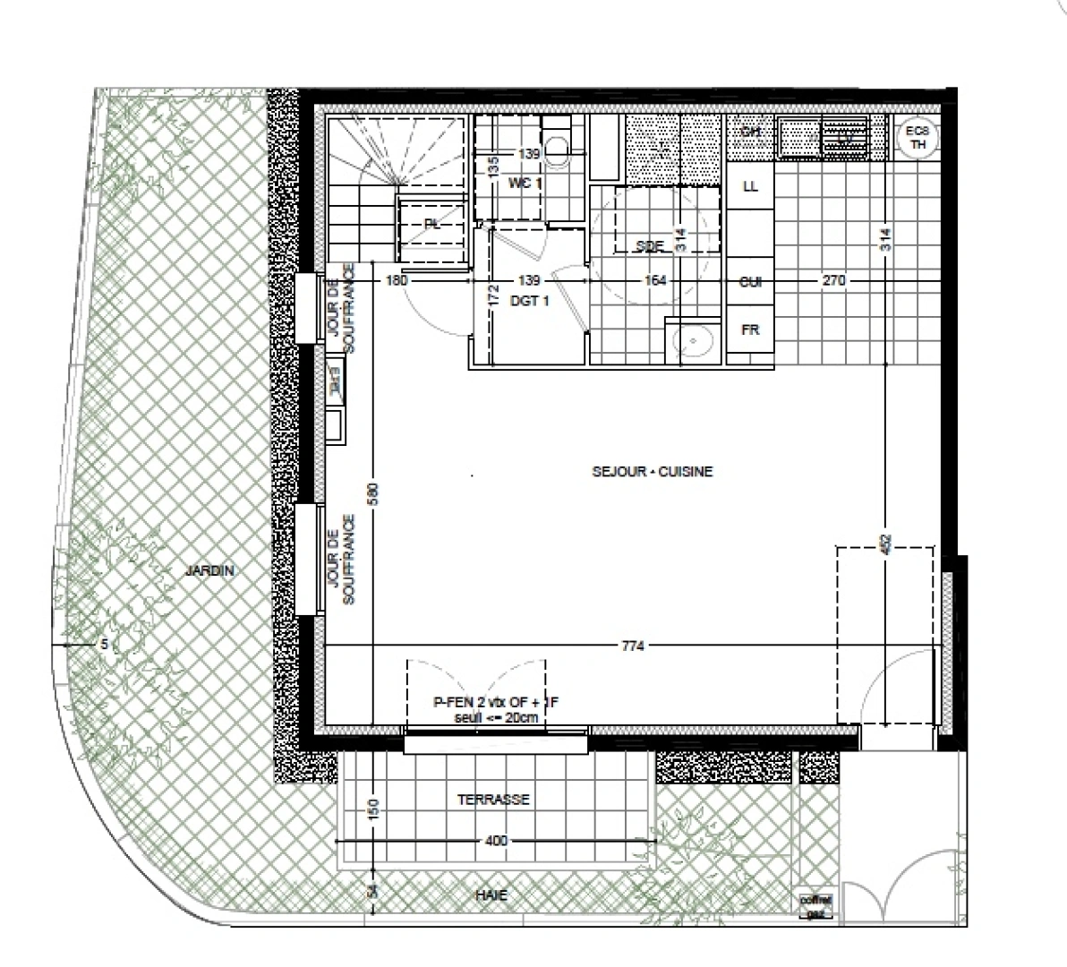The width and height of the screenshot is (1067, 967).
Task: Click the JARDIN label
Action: point(209,570)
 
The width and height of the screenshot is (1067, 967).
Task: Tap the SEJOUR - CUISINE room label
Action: point(653,472)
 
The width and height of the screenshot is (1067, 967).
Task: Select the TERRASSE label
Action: point(493,800)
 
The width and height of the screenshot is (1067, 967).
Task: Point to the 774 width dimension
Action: point(633,646)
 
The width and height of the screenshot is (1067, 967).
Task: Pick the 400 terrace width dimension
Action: point(495,841)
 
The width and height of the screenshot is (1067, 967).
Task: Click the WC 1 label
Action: point(525,184)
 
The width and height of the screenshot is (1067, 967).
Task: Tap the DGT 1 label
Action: point(530,302)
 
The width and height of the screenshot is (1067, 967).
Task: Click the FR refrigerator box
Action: point(750,330)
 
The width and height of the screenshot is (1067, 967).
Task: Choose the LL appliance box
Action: point(750,187)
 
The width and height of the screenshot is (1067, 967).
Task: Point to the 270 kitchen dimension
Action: point(832,281)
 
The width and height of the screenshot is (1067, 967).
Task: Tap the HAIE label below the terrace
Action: point(492,894)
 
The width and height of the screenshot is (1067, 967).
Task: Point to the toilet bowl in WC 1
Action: point(557,147)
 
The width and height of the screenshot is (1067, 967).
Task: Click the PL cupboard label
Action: point(432,225)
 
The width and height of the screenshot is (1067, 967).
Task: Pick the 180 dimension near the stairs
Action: point(397,281)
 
